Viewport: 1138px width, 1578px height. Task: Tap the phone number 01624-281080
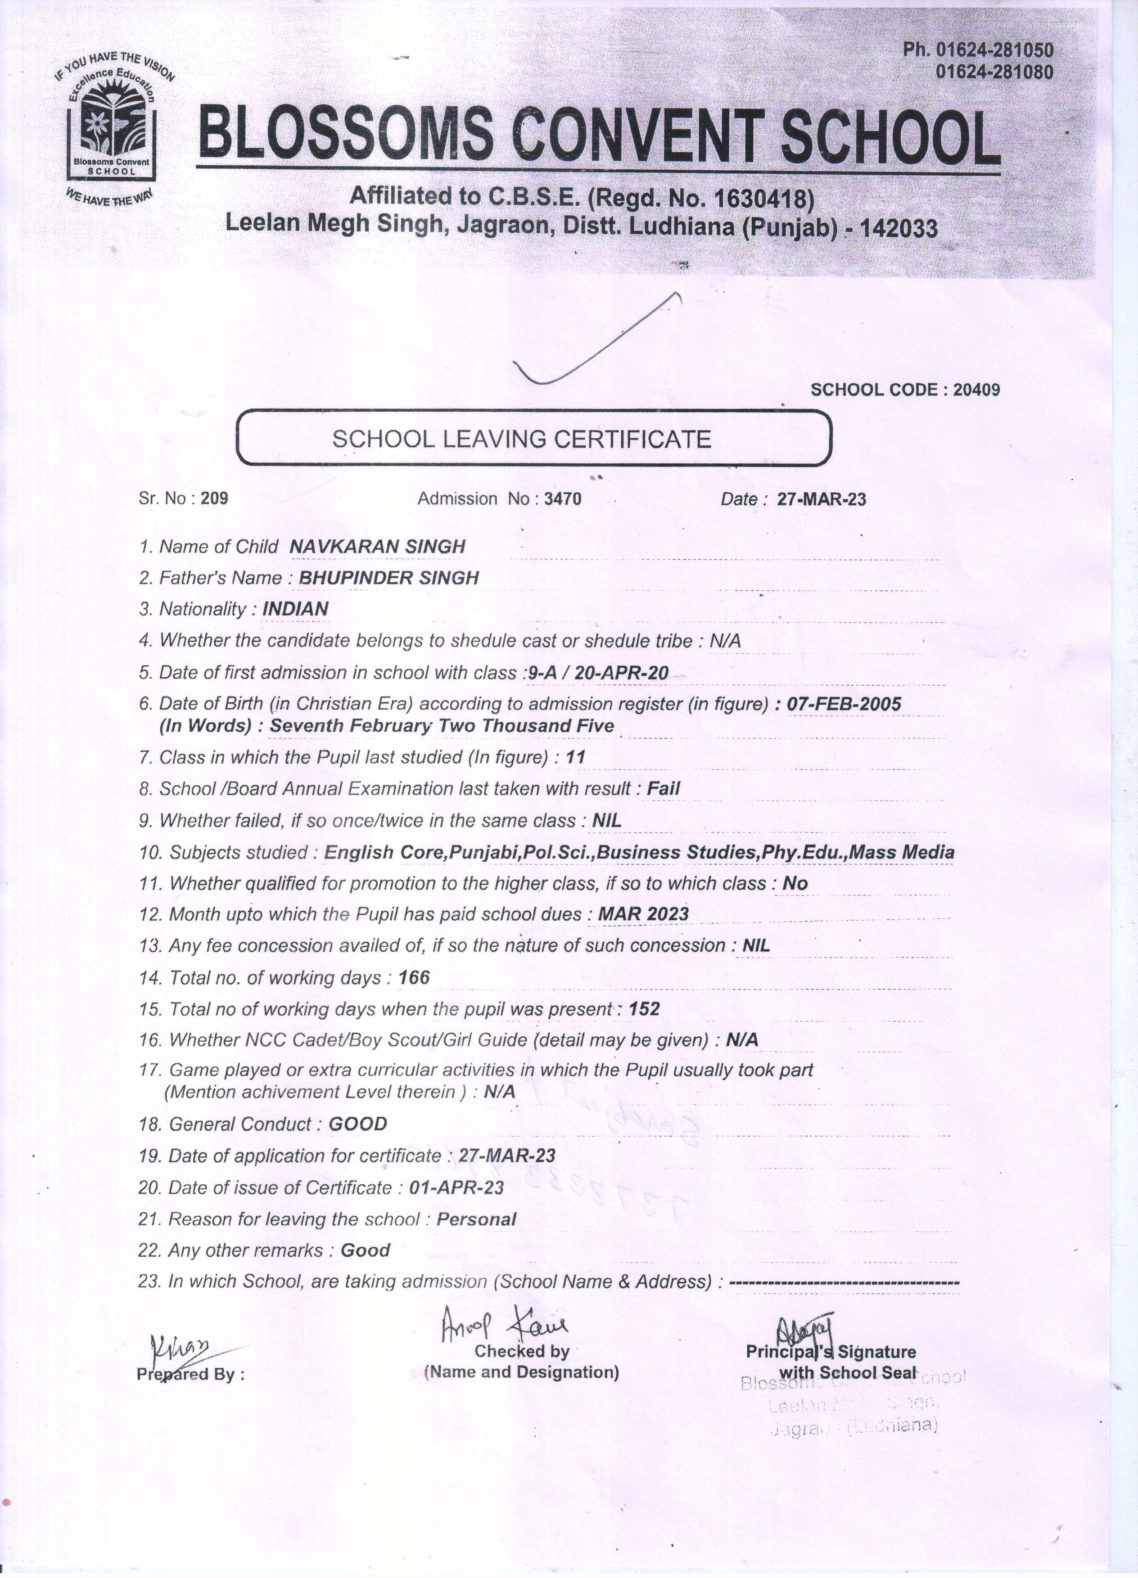(x=994, y=72)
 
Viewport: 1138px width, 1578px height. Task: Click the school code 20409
(x=976, y=390)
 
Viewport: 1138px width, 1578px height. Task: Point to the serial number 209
(x=214, y=498)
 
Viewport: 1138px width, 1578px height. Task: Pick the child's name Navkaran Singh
(x=376, y=547)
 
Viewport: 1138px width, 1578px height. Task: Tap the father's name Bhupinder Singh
(x=388, y=577)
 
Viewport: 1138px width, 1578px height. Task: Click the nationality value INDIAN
(x=295, y=609)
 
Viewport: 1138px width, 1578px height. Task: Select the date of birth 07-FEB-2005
(x=844, y=704)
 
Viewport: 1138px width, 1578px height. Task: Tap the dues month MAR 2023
(x=643, y=913)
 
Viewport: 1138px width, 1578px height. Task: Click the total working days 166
(x=414, y=978)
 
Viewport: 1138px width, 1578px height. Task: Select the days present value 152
(x=644, y=1009)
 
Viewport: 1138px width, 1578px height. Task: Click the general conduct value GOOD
(x=357, y=1124)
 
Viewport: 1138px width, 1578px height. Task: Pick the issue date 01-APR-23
(x=456, y=1187)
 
